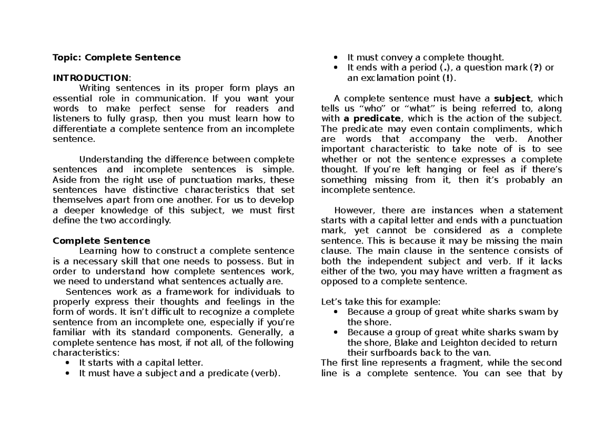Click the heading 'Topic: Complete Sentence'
[x=116, y=57]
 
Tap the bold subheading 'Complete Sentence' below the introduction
[x=101, y=241]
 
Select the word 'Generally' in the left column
[x=260, y=332]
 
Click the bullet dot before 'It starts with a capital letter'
[x=68, y=363]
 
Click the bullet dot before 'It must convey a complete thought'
[x=336, y=58]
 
